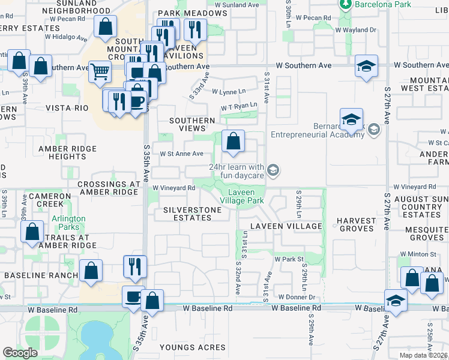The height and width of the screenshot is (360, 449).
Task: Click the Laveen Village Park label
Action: pyautogui.click(x=242, y=196)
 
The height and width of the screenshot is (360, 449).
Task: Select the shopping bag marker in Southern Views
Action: pyautogui.click(x=233, y=141)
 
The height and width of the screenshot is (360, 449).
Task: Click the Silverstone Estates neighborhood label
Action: pyautogui.click(x=188, y=214)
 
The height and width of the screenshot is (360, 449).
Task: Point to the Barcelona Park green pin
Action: pyautogui.click(x=346, y=5)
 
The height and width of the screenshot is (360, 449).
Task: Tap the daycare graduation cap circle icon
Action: pyautogui.click(x=273, y=171)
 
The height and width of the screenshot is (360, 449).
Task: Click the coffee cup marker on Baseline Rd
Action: pyautogui.click(x=133, y=296)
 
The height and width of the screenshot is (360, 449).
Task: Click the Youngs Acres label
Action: pyautogui.click(x=193, y=347)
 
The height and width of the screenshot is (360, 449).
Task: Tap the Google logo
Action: pyautogui.click(x=20, y=352)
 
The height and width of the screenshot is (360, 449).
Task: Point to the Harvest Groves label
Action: pyautogui.click(x=358, y=224)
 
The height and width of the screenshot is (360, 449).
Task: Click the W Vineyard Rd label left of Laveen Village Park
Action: pyautogui.click(x=174, y=188)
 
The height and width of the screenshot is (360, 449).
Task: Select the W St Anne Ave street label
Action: pyautogui.click(x=182, y=154)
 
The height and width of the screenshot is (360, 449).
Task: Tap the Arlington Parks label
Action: pyautogui.click(x=68, y=223)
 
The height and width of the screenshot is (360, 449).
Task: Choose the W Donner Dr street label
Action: pyautogui.click(x=297, y=297)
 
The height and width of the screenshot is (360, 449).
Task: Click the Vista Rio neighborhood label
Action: pyautogui.click(x=67, y=108)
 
